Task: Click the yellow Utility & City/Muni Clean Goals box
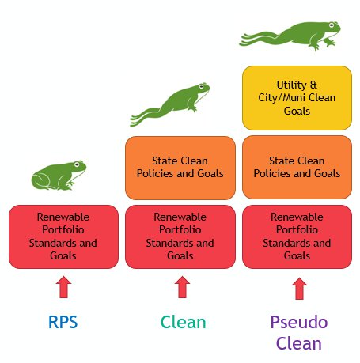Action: click(297, 98)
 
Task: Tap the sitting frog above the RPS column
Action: click(59, 176)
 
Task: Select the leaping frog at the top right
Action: click(290, 36)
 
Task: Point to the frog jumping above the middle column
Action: click(170, 104)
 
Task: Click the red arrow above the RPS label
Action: click(63, 287)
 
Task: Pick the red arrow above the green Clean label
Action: click(182, 287)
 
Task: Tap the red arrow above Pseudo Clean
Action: click(299, 289)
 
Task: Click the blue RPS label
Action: click(63, 322)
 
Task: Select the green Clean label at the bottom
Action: click(184, 322)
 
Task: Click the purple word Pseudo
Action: click(299, 322)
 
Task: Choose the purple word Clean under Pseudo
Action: click(299, 343)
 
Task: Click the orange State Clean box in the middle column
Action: click(180, 168)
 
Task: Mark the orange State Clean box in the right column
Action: click(297, 168)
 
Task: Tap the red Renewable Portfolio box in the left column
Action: click(63, 236)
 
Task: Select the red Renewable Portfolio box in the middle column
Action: click(180, 236)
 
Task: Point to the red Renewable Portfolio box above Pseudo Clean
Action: click(297, 236)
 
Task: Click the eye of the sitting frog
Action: click(77, 164)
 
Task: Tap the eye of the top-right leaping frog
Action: click(332, 25)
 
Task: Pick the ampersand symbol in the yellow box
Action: click(313, 85)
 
